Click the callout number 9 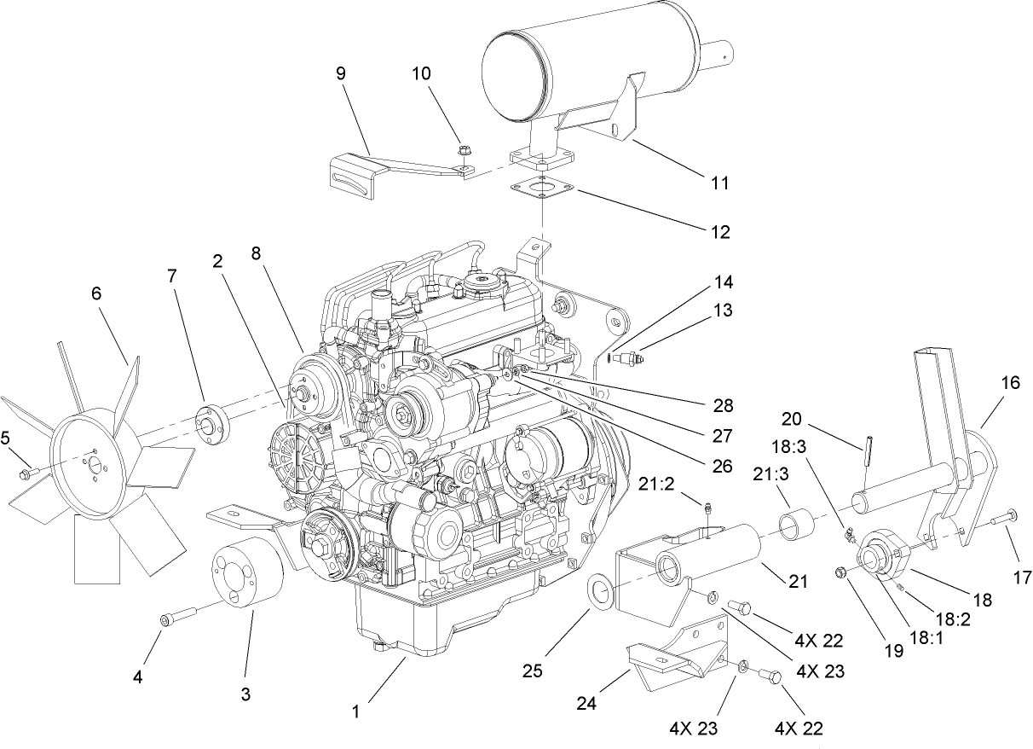point(341,73)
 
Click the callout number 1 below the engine point(357,709)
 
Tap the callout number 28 point(723,404)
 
